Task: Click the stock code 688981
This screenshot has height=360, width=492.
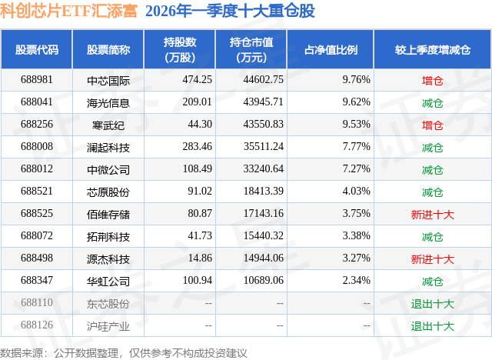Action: (36, 79)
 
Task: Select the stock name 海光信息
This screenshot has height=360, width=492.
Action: (108, 102)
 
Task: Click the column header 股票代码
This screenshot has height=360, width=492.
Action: (37, 50)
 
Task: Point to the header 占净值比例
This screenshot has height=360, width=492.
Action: (336, 50)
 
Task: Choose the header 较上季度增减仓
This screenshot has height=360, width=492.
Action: (433, 50)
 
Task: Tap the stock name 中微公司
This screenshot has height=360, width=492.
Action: (108, 168)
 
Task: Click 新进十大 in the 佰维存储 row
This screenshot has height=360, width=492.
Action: (433, 214)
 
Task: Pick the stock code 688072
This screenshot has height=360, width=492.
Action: (36, 236)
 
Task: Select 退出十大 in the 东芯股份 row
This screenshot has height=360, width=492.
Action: (433, 303)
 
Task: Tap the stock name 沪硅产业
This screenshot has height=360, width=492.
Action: (108, 325)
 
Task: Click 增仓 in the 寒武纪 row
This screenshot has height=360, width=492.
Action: (433, 124)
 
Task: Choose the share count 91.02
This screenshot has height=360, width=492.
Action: (181, 192)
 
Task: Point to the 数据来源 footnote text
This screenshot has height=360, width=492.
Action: (124, 352)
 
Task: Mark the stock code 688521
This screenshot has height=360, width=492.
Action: (36, 192)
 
